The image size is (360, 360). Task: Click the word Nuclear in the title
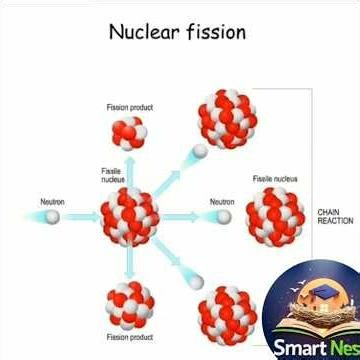tap(144, 31)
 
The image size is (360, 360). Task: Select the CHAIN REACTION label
tap(334, 216)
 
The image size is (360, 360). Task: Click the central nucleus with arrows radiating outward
tap(130, 216)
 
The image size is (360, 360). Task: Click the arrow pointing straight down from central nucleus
tap(130, 264)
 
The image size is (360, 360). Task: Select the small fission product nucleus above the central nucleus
tap(130, 131)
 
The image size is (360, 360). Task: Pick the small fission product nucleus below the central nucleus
tap(130, 305)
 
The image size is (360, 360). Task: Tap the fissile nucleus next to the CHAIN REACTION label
tap(275, 216)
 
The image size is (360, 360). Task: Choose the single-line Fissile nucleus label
tap(274, 179)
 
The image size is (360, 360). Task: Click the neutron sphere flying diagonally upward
tap(200, 151)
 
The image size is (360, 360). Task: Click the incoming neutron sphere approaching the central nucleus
tap(53, 216)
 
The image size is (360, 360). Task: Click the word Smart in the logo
tap(299, 347)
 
